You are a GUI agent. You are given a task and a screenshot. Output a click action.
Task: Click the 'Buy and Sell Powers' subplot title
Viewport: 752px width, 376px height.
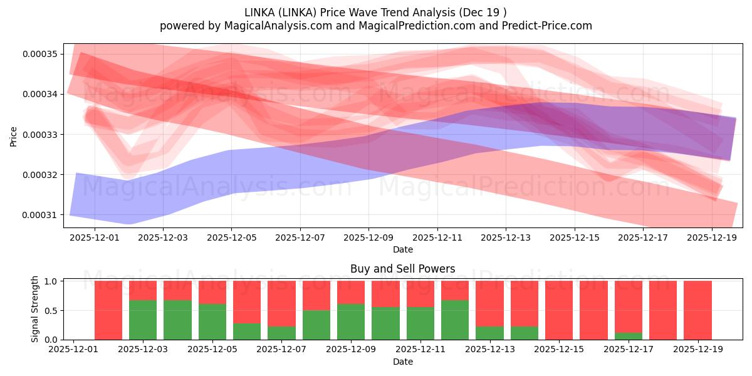[402, 269]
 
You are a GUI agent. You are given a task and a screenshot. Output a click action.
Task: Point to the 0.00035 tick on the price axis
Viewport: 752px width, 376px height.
[40, 54]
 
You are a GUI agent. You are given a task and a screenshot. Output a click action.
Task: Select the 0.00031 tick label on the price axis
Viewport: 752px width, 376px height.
[40, 215]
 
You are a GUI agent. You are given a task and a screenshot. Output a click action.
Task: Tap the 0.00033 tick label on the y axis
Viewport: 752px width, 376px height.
[40, 135]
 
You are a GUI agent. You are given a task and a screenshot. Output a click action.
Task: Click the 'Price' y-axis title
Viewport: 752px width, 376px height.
[13, 135]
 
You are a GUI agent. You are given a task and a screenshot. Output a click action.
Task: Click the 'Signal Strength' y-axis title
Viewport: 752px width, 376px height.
[35, 309]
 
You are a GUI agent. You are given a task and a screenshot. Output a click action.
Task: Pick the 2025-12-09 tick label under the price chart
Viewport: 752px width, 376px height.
[368, 238]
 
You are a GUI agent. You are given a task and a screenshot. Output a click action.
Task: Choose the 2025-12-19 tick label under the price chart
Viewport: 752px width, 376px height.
[712, 238]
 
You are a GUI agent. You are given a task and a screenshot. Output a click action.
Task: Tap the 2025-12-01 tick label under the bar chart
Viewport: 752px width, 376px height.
[74, 350]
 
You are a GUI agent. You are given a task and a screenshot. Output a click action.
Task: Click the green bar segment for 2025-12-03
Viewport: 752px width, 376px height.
[143, 320]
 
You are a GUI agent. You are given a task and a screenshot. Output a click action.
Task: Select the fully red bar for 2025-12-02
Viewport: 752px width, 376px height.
[108, 310]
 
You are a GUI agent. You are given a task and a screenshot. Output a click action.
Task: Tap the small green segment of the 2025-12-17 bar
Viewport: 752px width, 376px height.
[628, 336]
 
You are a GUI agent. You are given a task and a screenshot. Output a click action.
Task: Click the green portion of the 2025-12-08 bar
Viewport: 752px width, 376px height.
[316, 325]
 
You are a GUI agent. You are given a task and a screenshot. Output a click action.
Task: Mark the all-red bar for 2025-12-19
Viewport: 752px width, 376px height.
[697, 310]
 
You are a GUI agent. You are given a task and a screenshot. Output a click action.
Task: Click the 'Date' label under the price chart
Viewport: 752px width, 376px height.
[402, 249]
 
